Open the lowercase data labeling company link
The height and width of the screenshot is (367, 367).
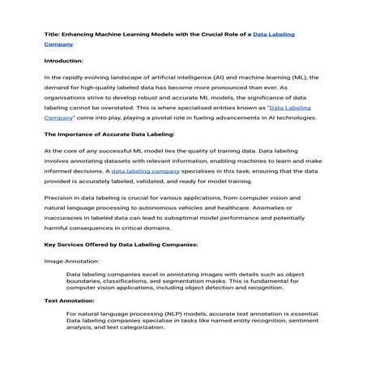point(146,172)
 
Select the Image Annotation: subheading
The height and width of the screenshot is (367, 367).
point(72,262)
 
